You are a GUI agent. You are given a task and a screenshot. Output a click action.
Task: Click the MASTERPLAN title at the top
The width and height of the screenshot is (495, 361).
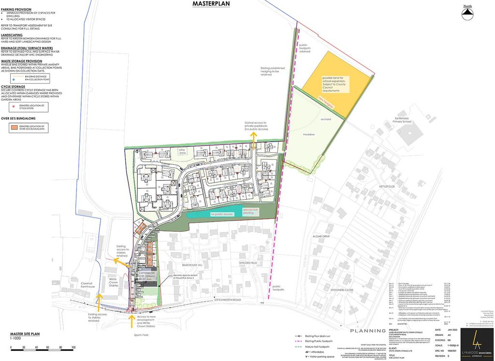tap(211, 4)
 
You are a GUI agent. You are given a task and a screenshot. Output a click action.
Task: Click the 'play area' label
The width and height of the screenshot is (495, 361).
tap(182, 151)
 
